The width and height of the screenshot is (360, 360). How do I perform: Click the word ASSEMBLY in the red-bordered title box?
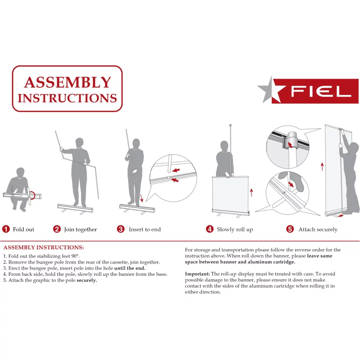[67, 82]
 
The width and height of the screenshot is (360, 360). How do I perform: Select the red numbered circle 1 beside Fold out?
[6, 229]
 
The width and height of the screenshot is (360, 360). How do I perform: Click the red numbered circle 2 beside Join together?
[57, 229]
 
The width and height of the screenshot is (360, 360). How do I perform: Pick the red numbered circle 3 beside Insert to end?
[121, 229]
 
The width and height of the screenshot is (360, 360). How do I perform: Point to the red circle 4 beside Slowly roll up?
[210, 229]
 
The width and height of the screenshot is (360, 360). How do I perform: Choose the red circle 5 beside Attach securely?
[290, 229]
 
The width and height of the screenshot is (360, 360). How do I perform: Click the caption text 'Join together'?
[81, 229]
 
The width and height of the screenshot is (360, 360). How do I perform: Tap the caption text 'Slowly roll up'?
[235, 229]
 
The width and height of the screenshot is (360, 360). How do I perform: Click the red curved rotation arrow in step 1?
[33, 195]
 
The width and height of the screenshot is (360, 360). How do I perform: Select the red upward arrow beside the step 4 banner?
[251, 192]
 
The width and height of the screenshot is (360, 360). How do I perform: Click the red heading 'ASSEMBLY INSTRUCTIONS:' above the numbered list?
[44, 248]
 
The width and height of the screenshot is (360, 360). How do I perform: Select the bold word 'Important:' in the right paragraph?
[197, 274]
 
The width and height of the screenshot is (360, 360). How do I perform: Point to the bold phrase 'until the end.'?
[130, 268]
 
